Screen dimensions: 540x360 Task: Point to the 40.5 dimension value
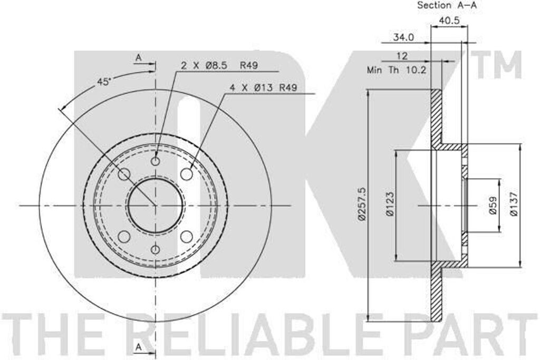(x=449, y=21)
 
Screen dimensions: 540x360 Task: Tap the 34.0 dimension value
(x=403, y=37)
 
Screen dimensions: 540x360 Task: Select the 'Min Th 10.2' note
(x=397, y=70)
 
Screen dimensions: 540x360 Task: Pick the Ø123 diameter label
(x=390, y=204)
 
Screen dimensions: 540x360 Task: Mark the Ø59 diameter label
(x=493, y=206)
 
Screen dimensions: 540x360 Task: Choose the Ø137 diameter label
(x=514, y=204)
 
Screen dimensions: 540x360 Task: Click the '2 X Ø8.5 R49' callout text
(x=219, y=65)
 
